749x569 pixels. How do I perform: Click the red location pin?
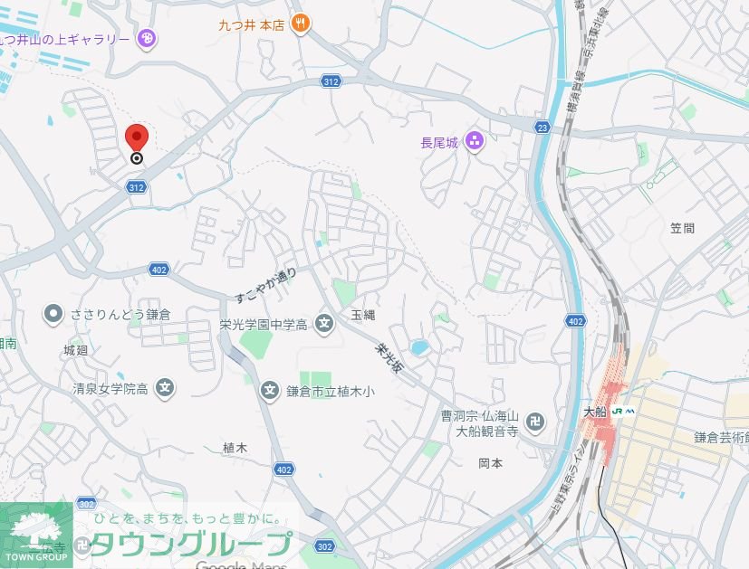tap(136, 138)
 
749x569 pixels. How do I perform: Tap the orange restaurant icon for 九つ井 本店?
tap(302, 24)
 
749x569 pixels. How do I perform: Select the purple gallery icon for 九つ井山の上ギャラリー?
tap(148, 38)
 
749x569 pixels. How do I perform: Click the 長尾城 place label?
tap(441, 141)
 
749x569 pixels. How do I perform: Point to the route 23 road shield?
tap(542, 127)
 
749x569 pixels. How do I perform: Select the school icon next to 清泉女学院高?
tap(165, 389)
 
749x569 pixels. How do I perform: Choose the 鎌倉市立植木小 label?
tap(330, 391)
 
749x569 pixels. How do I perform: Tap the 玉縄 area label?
tap(363, 314)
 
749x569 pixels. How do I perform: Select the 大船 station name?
tap(593, 411)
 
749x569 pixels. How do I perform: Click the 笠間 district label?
tap(683, 228)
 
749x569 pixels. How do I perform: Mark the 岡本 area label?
tap(490, 462)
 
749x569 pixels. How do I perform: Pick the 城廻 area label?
tap(76, 349)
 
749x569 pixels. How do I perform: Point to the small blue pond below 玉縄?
tap(418, 347)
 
